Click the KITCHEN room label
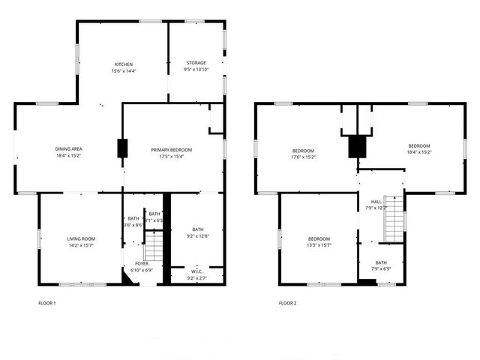pyautogui.click(x=124, y=64)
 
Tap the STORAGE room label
pyautogui.click(x=196, y=63)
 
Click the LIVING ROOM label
pyautogui.click(x=81, y=238)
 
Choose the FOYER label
pyautogui.click(x=142, y=264)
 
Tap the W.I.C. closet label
pyautogui.click(x=197, y=271)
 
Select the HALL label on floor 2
pyautogui.click(x=376, y=202)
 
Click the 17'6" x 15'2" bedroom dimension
pyautogui.click(x=304, y=157)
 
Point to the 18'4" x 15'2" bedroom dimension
pyautogui.click(x=418, y=152)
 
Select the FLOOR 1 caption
pyautogui.click(x=47, y=304)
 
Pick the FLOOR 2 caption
pyautogui.click(x=288, y=304)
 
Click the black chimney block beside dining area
pyautogui.click(x=122, y=148)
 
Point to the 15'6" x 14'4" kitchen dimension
pyautogui.click(x=124, y=71)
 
